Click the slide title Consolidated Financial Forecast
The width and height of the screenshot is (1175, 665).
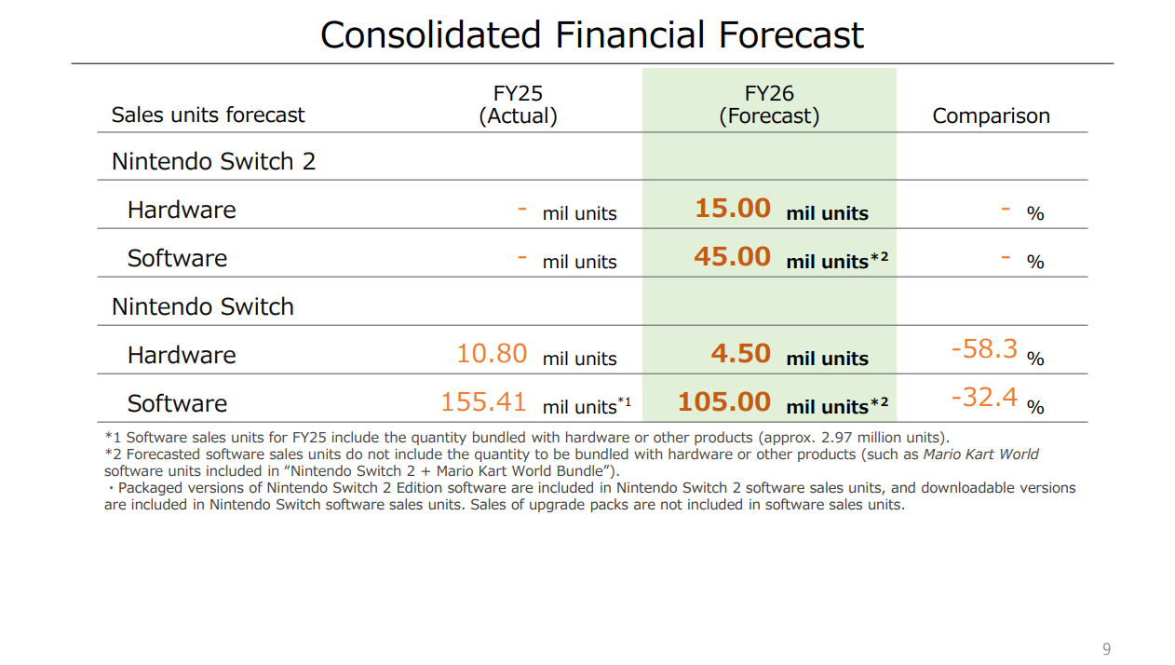[592, 35]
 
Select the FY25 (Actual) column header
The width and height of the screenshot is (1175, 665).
[518, 104]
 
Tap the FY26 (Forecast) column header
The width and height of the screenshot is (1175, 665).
[769, 104]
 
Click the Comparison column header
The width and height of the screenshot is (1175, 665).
[991, 115]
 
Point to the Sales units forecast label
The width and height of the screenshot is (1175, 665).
[208, 115]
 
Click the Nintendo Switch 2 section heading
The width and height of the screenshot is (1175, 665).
[213, 161]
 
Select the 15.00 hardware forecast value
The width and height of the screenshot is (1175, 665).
[733, 208]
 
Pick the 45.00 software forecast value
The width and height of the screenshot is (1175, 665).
[732, 256]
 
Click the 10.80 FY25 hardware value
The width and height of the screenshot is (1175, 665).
[492, 354]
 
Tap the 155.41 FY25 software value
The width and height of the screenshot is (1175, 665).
[483, 402]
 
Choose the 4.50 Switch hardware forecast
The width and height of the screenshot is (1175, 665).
[740, 354]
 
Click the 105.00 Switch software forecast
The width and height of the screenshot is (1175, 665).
[724, 402]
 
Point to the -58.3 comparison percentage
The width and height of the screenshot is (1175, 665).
[984, 349]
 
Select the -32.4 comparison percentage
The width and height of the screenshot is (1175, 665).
[984, 398]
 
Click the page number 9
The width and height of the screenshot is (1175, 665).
[1106, 649]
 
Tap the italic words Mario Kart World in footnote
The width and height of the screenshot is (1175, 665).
[980, 455]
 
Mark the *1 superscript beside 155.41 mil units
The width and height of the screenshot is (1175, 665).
[624, 402]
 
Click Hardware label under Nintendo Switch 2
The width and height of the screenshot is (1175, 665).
[182, 210]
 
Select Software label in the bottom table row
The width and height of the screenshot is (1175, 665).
[177, 403]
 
